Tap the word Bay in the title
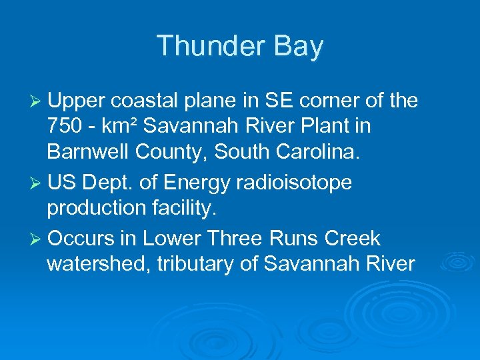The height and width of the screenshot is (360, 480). coord(299,47)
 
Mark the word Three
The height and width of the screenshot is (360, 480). coord(235,238)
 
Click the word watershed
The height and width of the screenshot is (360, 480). coord(98,264)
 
